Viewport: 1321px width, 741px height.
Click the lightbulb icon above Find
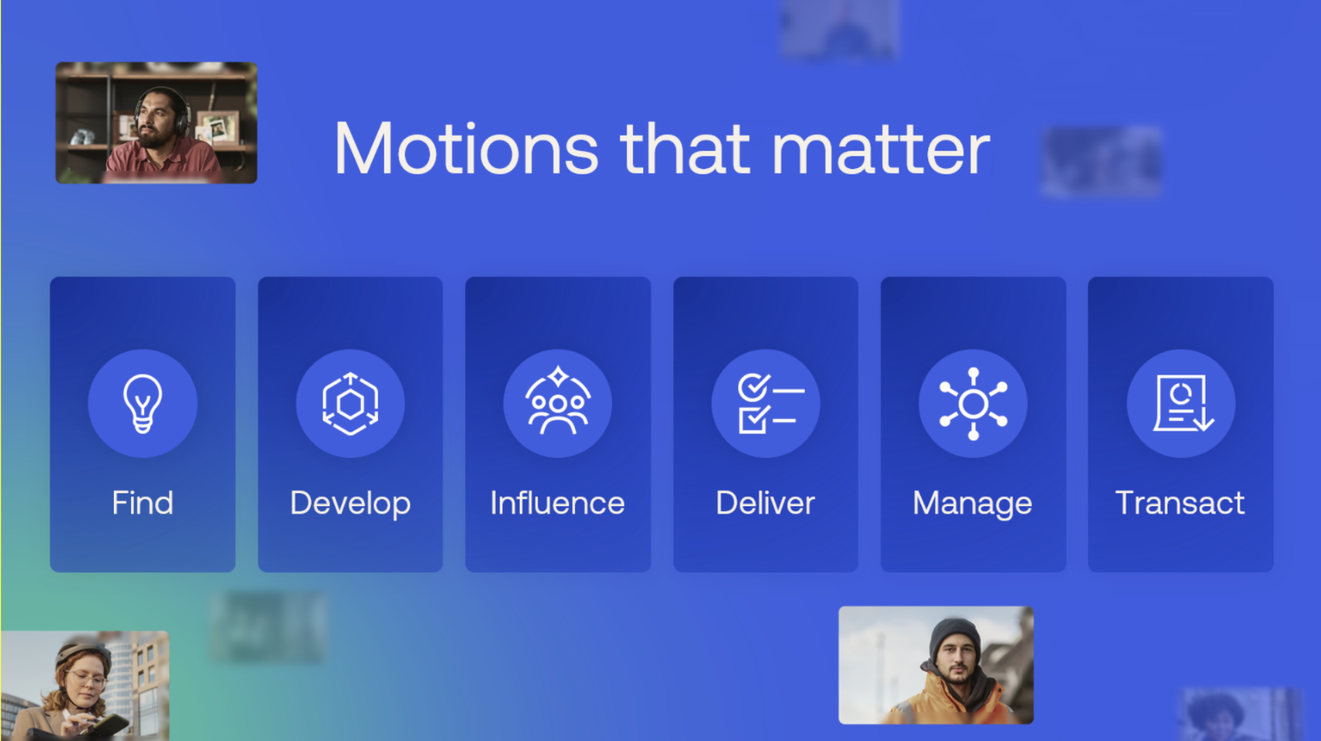click(143, 403)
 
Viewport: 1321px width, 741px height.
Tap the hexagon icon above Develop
click(350, 403)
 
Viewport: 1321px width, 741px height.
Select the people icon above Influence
click(558, 403)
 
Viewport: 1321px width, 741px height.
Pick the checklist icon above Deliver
click(765, 403)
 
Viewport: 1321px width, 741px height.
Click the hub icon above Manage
click(973, 403)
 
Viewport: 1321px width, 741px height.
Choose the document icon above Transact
click(1181, 403)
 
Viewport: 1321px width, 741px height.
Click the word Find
click(143, 503)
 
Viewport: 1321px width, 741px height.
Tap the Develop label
click(350, 504)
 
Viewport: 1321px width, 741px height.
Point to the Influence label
click(558, 503)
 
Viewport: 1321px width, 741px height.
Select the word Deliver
click(765, 503)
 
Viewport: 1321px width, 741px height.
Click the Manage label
click(973, 504)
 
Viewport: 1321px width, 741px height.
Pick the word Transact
click(1180, 503)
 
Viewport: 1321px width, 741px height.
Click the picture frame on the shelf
click(220, 127)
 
